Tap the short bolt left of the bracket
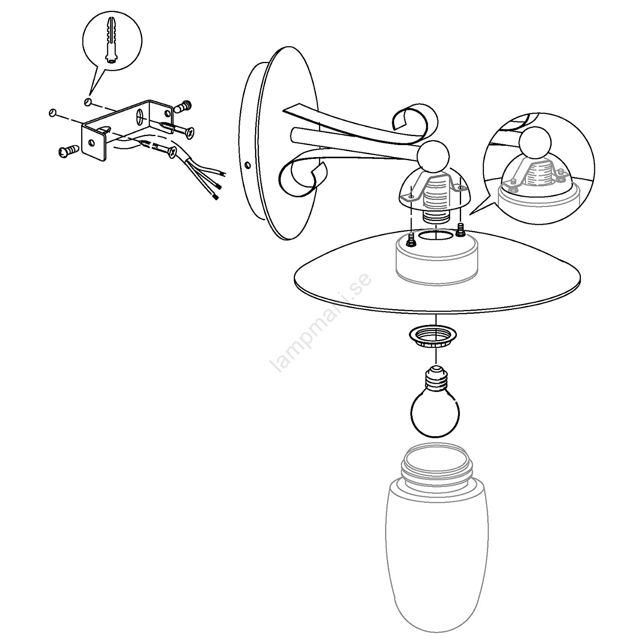coord(69,150)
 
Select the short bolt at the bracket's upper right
coord(182,106)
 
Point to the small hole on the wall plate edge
coord(247,165)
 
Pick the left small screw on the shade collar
coord(411,240)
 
